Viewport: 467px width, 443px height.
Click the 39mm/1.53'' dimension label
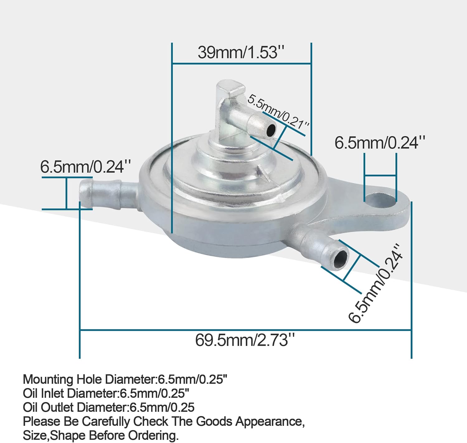point(241,52)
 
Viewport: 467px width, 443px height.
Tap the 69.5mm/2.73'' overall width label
point(245,340)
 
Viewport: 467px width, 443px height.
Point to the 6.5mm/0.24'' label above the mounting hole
point(380,143)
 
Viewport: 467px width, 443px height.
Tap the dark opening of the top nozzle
point(271,130)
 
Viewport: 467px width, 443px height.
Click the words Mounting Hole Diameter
point(89,379)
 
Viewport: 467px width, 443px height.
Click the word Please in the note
point(42,422)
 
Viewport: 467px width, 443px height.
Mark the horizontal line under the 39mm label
point(241,64)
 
